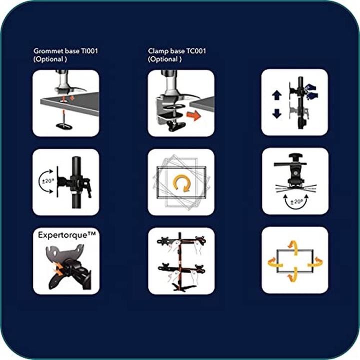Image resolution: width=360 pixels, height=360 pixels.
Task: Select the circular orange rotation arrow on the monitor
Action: (x=181, y=184)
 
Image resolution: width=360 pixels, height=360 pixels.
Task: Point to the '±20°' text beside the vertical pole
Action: (x=47, y=181)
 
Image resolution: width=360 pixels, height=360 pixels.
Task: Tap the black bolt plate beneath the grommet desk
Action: (x=64, y=126)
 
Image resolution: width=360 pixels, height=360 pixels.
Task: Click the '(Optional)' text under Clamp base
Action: (x=164, y=59)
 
